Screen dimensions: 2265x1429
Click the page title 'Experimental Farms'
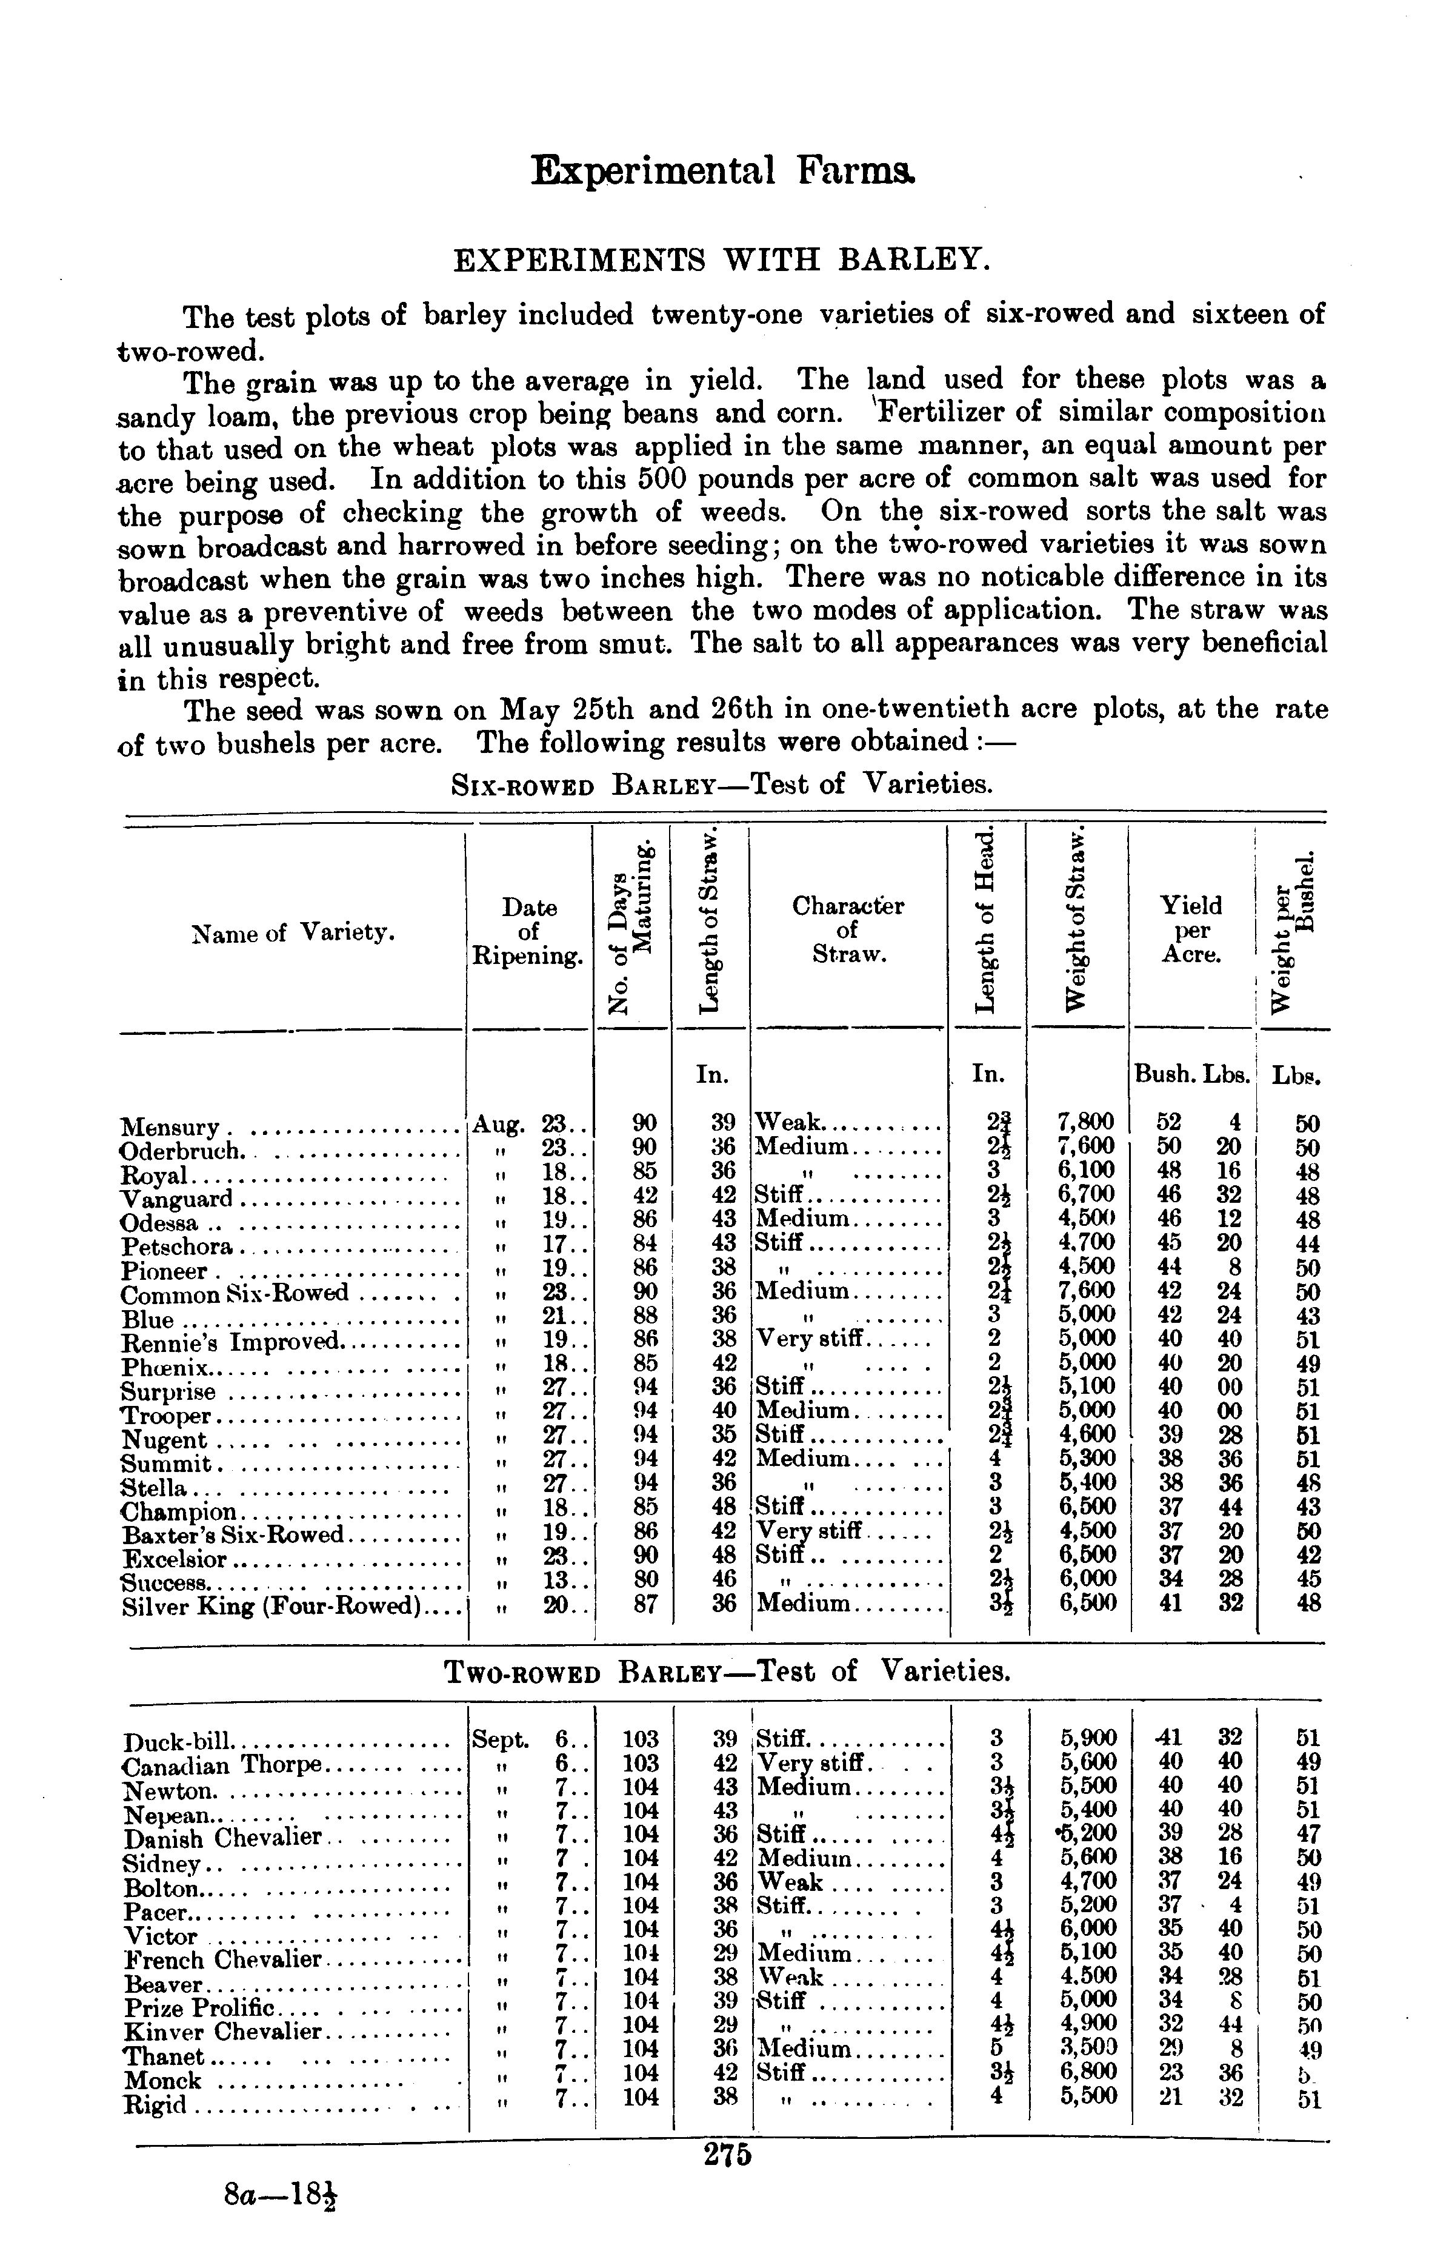click(x=722, y=171)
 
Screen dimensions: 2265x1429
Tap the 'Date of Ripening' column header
click(x=528, y=931)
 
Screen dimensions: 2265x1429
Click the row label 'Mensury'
click(x=170, y=1127)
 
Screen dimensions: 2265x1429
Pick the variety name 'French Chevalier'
click(x=223, y=1960)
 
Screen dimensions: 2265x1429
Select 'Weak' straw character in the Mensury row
click(x=789, y=1122)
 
